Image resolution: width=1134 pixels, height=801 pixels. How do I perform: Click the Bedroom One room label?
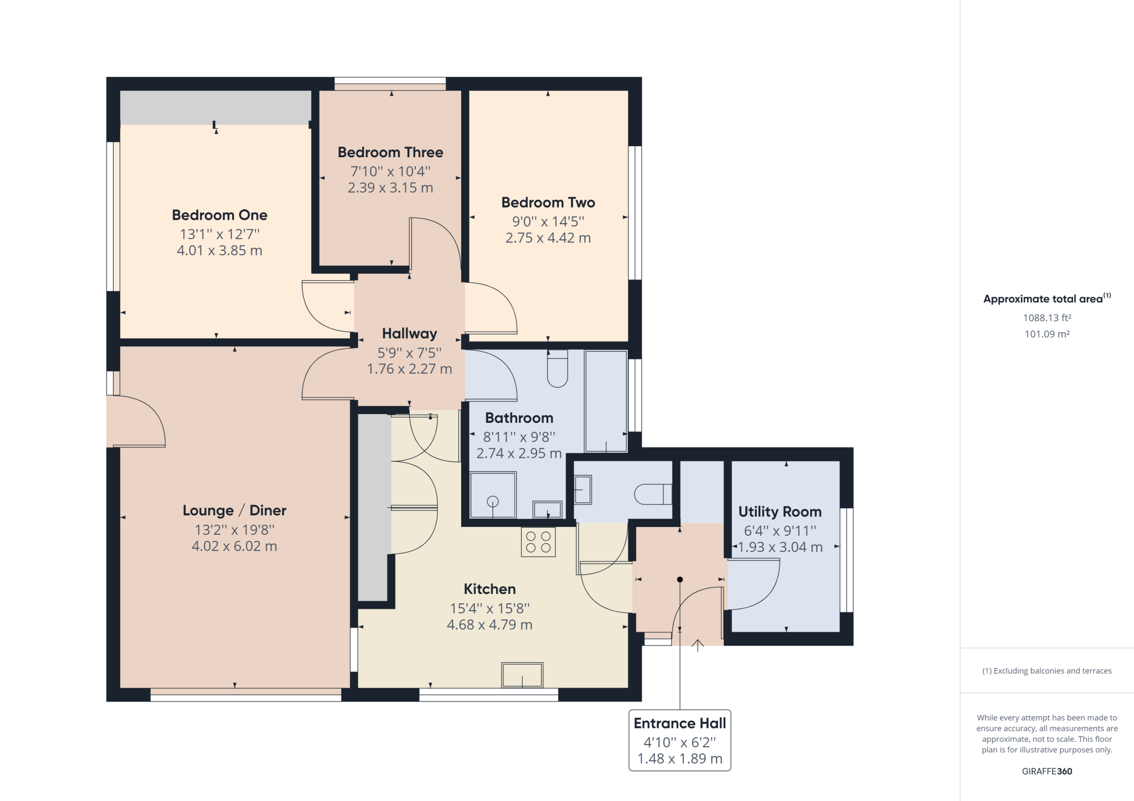coord(219,215)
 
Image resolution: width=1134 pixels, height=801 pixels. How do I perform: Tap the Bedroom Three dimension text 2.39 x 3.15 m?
coord(390,188)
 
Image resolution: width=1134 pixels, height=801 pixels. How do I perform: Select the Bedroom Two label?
coord(548,203)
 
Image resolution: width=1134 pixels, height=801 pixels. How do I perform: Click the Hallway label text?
coord(409,333)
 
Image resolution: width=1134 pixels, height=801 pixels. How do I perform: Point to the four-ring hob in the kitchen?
coord(538,542)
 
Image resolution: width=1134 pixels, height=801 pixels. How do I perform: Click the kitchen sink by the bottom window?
coord(522,675)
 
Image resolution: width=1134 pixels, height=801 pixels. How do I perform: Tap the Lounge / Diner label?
coord(234,510)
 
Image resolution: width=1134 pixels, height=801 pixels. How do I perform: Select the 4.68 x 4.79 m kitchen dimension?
coord(489,625)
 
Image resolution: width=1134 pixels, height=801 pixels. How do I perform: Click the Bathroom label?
coord(519,418)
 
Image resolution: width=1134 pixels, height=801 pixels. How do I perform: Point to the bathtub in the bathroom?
coord(606,401)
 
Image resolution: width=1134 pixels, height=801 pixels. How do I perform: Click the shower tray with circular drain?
coord(492,495)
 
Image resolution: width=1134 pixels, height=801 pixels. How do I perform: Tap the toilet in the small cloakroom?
coord(652,494)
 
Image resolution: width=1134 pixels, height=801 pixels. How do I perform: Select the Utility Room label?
coord(780,512)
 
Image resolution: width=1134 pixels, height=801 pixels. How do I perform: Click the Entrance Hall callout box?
coord(679,740)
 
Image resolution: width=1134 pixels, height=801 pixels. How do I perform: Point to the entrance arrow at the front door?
coord(697,645)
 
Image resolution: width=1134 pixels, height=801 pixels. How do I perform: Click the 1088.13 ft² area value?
coord(1047,318)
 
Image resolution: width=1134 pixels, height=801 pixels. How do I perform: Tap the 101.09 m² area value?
coord(1047,334)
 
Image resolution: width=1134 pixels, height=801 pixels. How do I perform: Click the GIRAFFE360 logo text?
coord(1047,771)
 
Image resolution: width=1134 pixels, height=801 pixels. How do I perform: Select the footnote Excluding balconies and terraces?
coord(1047,671)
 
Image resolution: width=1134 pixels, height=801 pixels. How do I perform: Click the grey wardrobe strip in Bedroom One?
coord(215,107)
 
